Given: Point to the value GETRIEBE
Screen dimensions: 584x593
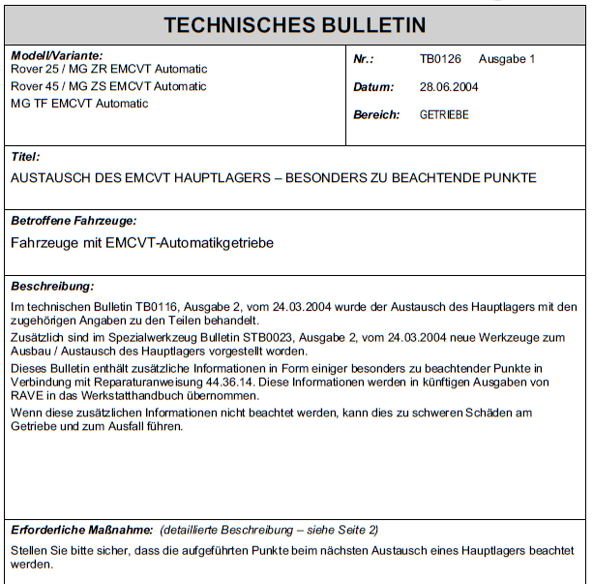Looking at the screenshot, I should [444, 114].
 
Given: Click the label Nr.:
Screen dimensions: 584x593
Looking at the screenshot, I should [364, 59].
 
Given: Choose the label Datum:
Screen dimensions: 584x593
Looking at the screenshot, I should [373, 87].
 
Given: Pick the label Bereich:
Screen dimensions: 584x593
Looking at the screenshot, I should [376, 114].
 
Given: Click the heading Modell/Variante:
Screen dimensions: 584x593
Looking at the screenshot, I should [56, 56].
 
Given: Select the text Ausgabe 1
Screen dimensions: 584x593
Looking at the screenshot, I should [507, 59].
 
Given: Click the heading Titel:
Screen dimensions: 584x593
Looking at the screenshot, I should [25, 156].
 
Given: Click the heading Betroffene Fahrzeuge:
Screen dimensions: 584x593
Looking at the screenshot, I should [73, 221].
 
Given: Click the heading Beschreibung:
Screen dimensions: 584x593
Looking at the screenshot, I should [52, 287].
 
